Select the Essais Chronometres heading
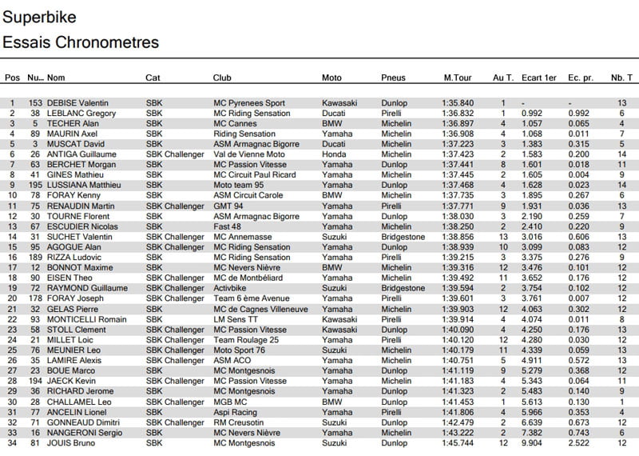click(x=81, y=42)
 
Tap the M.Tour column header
click(x=459, y=78)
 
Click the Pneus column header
click(x=394, y=78)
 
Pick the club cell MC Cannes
click(x=236, y=124)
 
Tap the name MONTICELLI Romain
click(x=88, y=319)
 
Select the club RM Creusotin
click(x=240, y=422)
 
